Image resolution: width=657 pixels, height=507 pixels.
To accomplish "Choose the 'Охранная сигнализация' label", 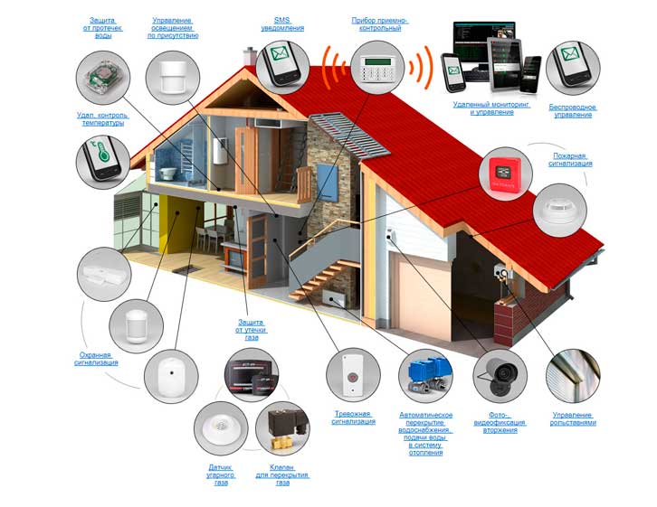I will click(95, 359).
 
